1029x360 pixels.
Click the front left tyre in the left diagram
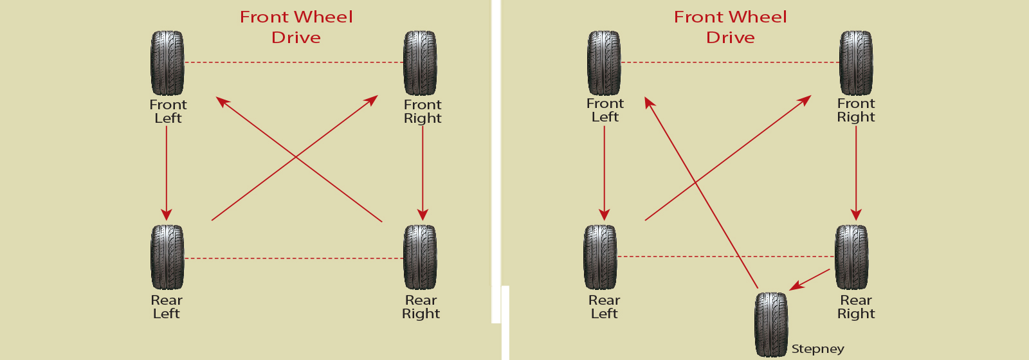tap(168, 63)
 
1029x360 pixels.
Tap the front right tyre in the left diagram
tap(421, 63)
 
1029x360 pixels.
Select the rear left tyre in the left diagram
tap(168, 257)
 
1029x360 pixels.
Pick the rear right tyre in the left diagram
tap(421, 257)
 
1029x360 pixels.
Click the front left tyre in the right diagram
tap(604, 63)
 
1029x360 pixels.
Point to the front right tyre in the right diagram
tap(856, 63)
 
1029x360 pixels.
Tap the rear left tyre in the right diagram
tap(601, 257)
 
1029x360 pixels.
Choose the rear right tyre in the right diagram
tap(851, 257)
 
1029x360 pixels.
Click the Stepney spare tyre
tap(771, 325)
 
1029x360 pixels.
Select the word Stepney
tap(817, 349)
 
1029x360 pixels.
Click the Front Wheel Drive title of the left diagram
tap(296, 27)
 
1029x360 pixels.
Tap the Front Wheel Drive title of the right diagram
tap(731, 27)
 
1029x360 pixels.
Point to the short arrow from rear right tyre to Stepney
tap(810, 279)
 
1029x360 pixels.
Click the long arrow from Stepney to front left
tap(701, 193)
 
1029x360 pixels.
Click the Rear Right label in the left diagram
tap(421, 307)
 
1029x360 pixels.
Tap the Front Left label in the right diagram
tap(605, 110)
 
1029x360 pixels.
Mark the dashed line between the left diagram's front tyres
tap(294, 62)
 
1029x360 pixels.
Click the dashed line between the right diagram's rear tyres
tap(725, 256)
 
